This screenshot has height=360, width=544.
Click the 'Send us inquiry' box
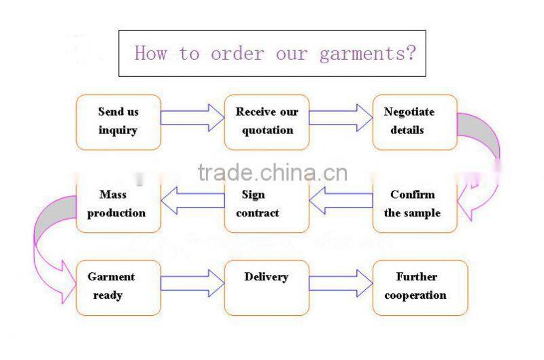[118, 122]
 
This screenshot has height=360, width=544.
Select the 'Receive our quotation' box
[267, 122]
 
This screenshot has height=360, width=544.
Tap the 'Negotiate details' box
[414, 122]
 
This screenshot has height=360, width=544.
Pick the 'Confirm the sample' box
[414, 204]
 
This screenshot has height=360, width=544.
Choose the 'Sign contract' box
[267, 204]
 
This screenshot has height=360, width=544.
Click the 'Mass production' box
[118, 204]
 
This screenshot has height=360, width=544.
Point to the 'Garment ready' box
[118, 287]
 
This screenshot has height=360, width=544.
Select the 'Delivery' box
[267, 287]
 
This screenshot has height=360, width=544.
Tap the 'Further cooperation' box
[420, 287]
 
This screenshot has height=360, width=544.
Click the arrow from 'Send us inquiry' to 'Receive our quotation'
[192, 117]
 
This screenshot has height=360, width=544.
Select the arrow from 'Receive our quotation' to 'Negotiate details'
[341, 117]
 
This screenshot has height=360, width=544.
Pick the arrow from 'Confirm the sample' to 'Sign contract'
[341, 200]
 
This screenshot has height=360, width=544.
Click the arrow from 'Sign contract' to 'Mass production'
[192, 200]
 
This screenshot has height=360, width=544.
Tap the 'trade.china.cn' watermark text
[272, 173]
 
